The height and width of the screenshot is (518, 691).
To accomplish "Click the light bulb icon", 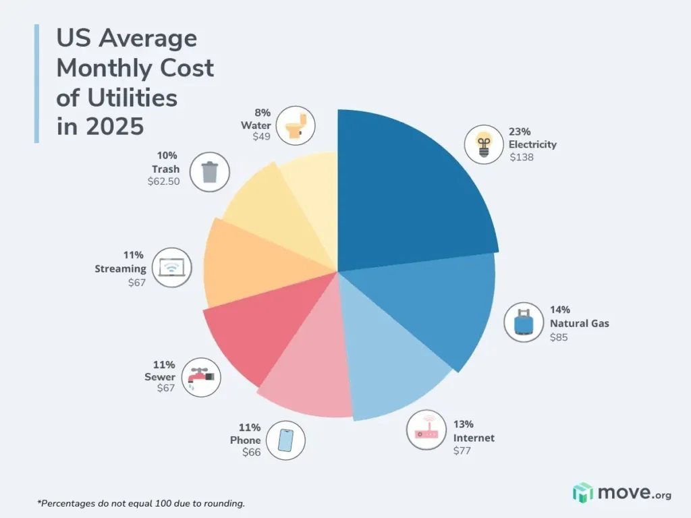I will point(483,144).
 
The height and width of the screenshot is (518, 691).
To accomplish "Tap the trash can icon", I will point(209,172).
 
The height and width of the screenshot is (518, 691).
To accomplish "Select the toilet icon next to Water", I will point(296,125).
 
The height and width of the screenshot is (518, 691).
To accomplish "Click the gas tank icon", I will point(523,322).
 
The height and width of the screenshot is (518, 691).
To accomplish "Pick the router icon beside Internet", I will point(426,430).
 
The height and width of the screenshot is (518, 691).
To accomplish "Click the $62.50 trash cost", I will point(163,181).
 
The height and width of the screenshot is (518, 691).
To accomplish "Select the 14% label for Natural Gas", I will point(559,310).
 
